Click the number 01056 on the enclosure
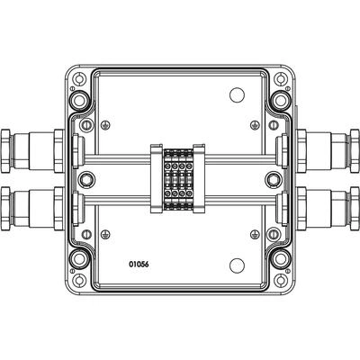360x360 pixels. [139, 265]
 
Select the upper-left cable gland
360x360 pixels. [32, 151]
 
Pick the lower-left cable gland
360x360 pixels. [32, 209]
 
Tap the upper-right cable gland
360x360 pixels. [328, 151]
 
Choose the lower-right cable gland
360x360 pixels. [328, 209]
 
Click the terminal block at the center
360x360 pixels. [177, 179]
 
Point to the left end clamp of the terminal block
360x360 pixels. [157, 179]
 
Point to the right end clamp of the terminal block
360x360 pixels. [199, 179]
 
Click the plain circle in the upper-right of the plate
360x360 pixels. [237, 94]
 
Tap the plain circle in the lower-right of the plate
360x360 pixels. [237, 265]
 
